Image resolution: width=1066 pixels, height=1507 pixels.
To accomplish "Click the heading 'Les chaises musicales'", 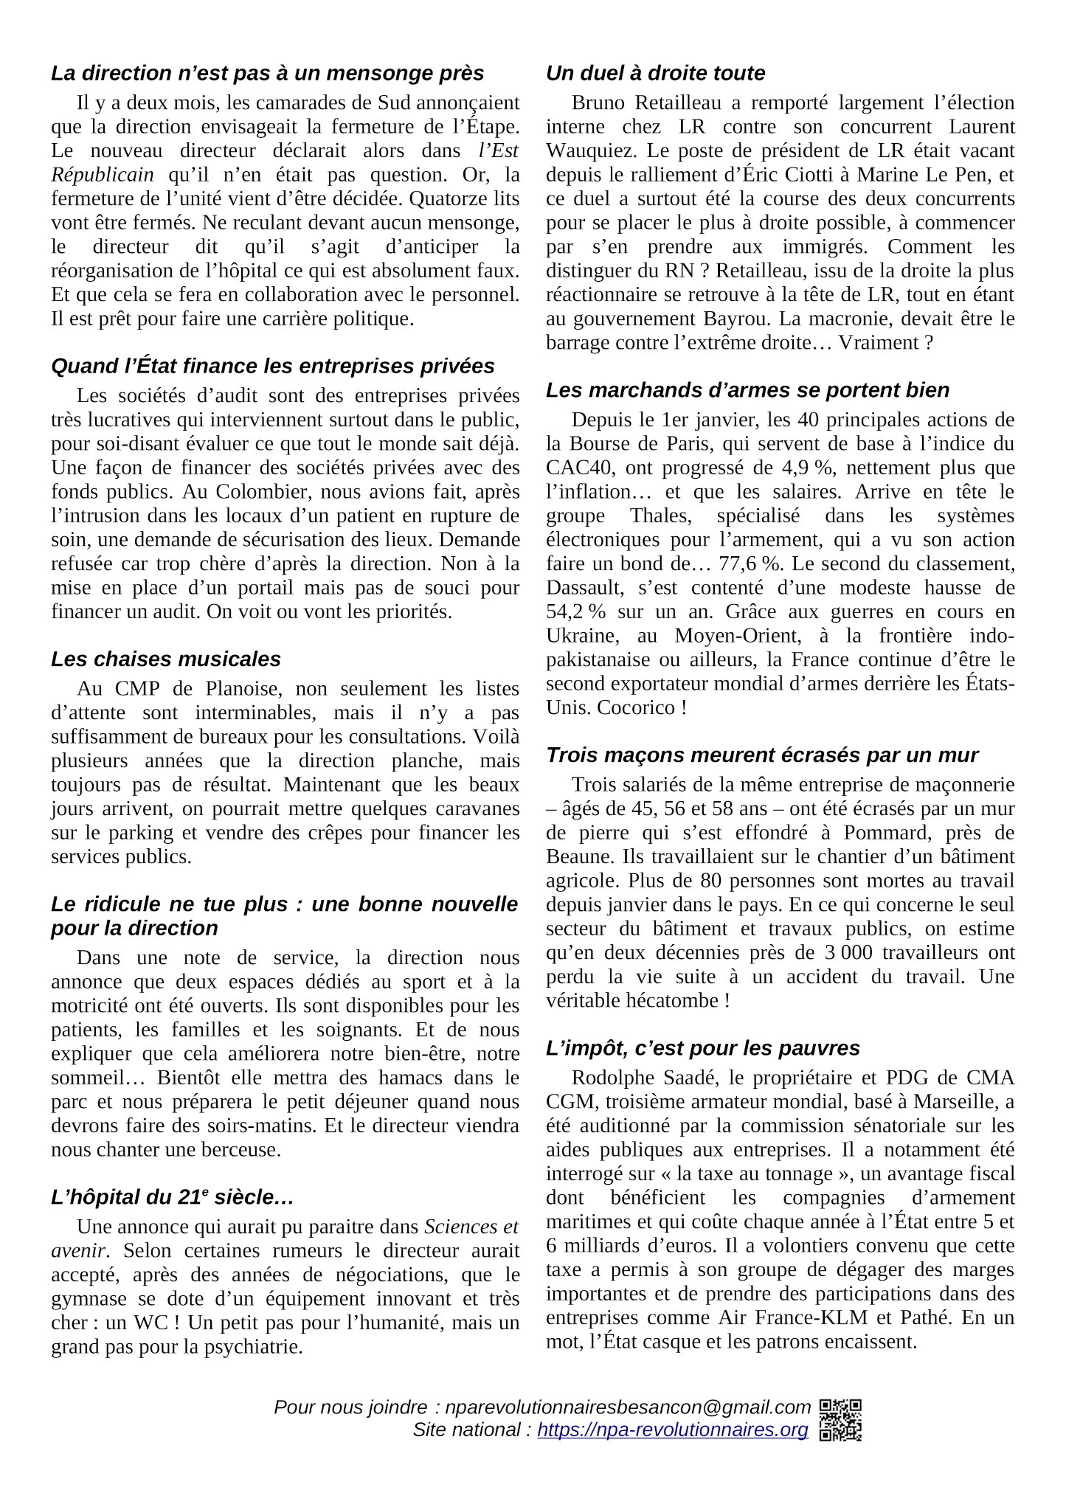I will tap(166, 659).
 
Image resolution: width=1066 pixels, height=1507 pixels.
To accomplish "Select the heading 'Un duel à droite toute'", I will tap(655, 73).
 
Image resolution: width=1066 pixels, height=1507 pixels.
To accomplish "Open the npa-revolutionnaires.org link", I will tap(672, 1430).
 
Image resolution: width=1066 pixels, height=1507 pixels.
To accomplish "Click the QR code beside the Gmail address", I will tap(840, 1420).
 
